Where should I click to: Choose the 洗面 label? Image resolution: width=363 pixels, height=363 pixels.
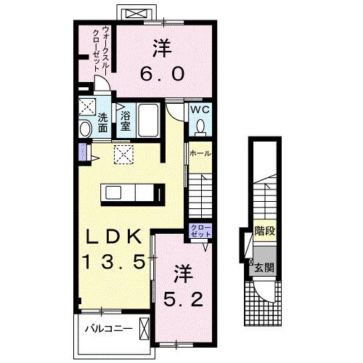(104, 123)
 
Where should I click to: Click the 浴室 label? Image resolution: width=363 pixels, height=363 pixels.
(125, 121)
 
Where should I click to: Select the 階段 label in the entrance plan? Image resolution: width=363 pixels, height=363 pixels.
(264, 233)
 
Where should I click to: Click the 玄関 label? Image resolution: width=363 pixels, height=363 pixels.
(265, 266)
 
